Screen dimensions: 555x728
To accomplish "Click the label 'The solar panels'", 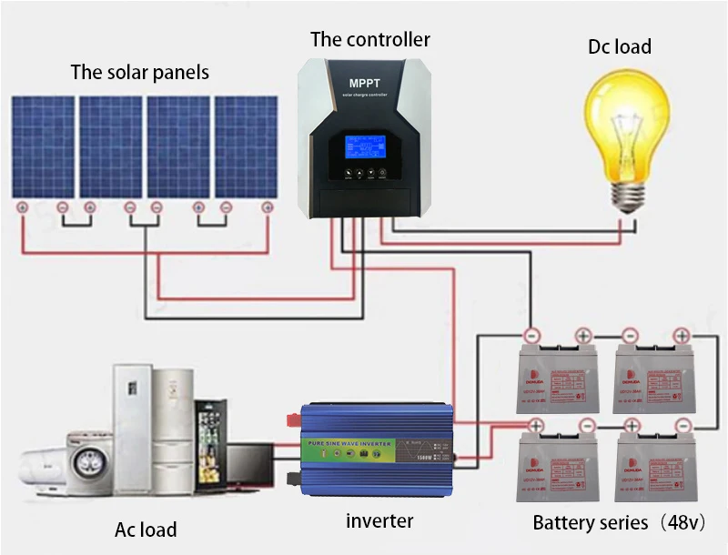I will tap(139, 72).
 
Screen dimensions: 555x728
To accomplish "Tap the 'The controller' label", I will tap(369, 39).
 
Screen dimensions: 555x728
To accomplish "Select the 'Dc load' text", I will tap(620, 46).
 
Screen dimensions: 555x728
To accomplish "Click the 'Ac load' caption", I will tap(146, 530).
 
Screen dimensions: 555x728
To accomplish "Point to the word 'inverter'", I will tap(379, 521).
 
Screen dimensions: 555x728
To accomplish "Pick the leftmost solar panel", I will tap(43, 146).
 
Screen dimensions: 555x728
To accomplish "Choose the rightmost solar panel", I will tap(246, 146).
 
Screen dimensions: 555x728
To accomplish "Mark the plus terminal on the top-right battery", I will tap(681, 334).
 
